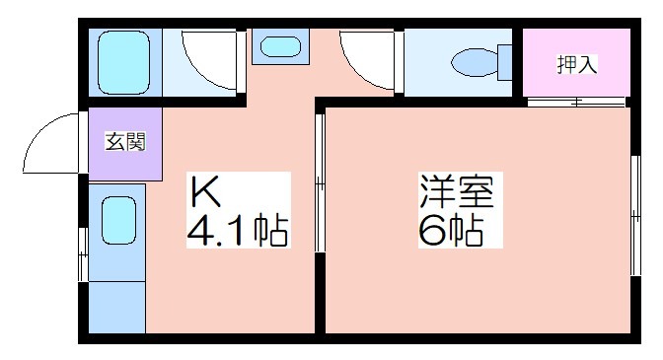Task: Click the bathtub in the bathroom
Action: coord(123,62)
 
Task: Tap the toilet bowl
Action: coord(475,62)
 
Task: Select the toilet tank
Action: coord(505,62)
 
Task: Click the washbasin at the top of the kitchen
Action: coord(281,46)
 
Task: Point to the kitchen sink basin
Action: coord(118,220)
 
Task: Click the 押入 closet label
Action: coord(577,65)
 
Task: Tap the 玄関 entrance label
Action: coord(125,142)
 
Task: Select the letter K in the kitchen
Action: coord(205,191)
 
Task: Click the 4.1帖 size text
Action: coord(238,231)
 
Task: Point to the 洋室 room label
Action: coord(457,191)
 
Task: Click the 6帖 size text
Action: coord(451,231)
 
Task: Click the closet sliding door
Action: coord(576,102)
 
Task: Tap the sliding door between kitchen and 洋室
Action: coord(320,182)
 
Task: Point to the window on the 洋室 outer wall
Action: coord(635,215)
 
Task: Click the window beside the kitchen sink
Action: coord(83,254)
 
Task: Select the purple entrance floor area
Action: coord(125,144)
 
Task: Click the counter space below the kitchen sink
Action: coord(117,307)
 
